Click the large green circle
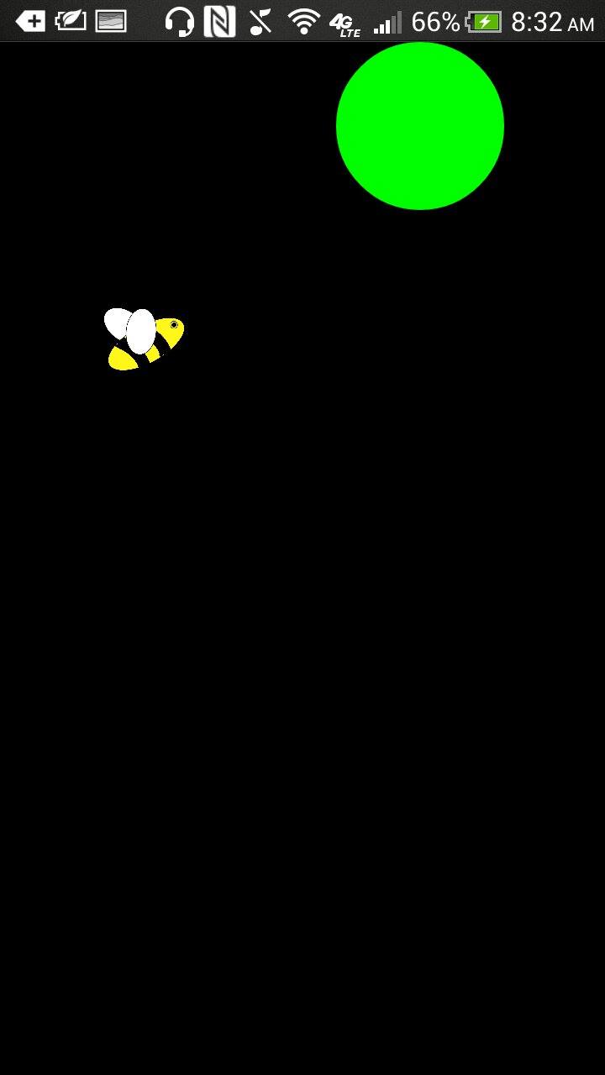pos(420,126)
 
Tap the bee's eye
pos(174,324)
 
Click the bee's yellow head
pos(171,332)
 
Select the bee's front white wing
pos(141,331)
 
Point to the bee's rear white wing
pos(116,321)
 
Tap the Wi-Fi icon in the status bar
pos(303,22)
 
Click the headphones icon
pos(179,22)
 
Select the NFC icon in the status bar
pos(219,22)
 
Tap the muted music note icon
pos(260,22)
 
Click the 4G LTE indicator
pos(344,24)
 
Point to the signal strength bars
pos(387,23)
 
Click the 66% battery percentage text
pos(435,22)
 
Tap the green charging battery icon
pos(485,22)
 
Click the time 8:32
pos(536,22)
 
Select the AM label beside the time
pos(581,25)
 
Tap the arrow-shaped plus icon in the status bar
pos(31,22)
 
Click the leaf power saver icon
pos(71,21)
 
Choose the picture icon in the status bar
pos(111,22)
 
